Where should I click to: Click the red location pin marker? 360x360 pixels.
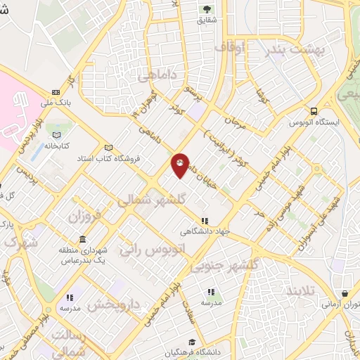[x=180, y=165]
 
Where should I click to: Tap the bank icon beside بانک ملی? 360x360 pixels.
[x=56, y=92]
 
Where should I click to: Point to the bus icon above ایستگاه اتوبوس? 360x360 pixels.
[x=313, y=110]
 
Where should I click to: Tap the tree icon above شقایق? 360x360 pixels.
[x=207, y=8]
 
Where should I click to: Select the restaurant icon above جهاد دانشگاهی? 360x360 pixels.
[x=205, y=219]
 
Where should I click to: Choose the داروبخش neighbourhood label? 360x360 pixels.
[x=116, y=306]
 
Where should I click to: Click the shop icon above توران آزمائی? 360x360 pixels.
[x=345, y=294]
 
